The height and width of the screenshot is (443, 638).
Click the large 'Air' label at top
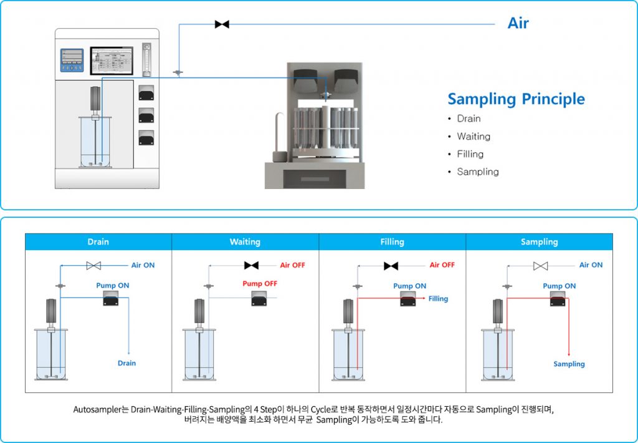click(x=518, y=23)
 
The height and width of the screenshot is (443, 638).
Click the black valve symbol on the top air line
click(x=222, y=24)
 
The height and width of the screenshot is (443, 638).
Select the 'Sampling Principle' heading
click(x=516, y=99)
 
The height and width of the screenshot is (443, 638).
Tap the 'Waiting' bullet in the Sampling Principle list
click(x=474, y=137)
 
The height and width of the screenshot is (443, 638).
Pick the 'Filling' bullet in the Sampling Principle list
click(x=470, y=154)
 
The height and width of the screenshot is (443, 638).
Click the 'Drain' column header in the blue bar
click(x=98, y=242)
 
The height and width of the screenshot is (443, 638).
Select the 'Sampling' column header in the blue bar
click(x=539, y=242)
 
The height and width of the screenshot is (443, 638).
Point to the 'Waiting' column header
click(x=245, y=242)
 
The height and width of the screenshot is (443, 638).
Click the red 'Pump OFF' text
click(x=260, y=284)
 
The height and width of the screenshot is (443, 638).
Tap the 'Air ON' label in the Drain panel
click(x=143, y=265)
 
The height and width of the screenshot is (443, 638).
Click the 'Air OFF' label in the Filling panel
click(x=442, y=265)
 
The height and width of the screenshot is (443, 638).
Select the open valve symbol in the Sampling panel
click(x=541, y=266)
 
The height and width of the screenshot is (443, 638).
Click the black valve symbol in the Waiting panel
click(x=252, y=266)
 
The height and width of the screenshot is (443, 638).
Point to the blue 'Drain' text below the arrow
click(x=126, y=363)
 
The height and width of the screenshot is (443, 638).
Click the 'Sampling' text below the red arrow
click(x=569, y=364)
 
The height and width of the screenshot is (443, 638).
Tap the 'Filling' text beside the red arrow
click(x=438, y=299)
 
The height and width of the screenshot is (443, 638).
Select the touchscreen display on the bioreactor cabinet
click(x=112, y=61)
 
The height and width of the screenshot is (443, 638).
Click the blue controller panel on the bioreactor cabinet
click(x=72, y=61)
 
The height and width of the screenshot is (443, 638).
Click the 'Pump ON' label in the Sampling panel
click(x=559, y=286)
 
